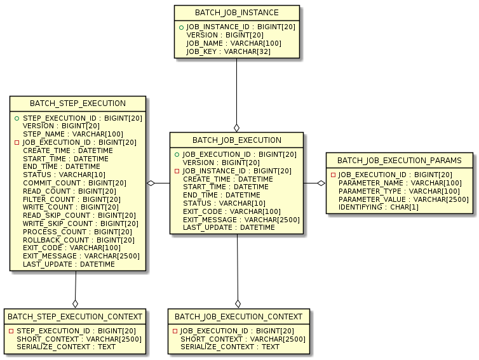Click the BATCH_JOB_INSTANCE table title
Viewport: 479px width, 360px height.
pyautogui.click(x=237, y=13)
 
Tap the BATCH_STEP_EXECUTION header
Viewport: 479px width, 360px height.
pyautogui.click(x=78, y=103)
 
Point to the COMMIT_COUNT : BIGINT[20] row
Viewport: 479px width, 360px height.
pyautogui.click(x=74, y=183)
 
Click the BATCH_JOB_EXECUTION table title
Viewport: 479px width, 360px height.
pyautogui.click(x=236, y=140)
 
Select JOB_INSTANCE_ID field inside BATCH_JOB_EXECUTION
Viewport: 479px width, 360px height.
pyautogui.click(x=236, y=171)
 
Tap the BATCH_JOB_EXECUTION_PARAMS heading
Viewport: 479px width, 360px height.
pyautogui.click(x=400, y=160)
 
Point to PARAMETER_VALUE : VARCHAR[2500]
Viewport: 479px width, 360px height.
pyautogui.click(x=403, y=199)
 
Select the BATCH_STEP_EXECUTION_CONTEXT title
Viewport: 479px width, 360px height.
pyautogui.click(x=75, y=316)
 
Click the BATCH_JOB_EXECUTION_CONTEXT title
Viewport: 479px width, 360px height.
pyautogui.click(x=238, y=316)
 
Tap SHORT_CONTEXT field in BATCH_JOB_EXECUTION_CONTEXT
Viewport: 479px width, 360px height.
pyautogui.click(x=243, y=339)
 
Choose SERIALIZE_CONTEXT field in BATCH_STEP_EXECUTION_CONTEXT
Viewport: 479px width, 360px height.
pyautogui.click(x=66, y=347)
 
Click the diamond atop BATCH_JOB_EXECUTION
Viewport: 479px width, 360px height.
pyautogui.click(x=236, y=128)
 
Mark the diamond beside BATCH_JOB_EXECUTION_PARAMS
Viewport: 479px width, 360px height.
pyautogui.click(x=321, y=183)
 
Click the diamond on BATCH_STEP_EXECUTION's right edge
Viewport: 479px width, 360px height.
pyautogui.click(x=151, y=183)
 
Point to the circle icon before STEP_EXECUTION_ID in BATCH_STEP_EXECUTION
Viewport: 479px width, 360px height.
pyautogui.click(x=17, y=119)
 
